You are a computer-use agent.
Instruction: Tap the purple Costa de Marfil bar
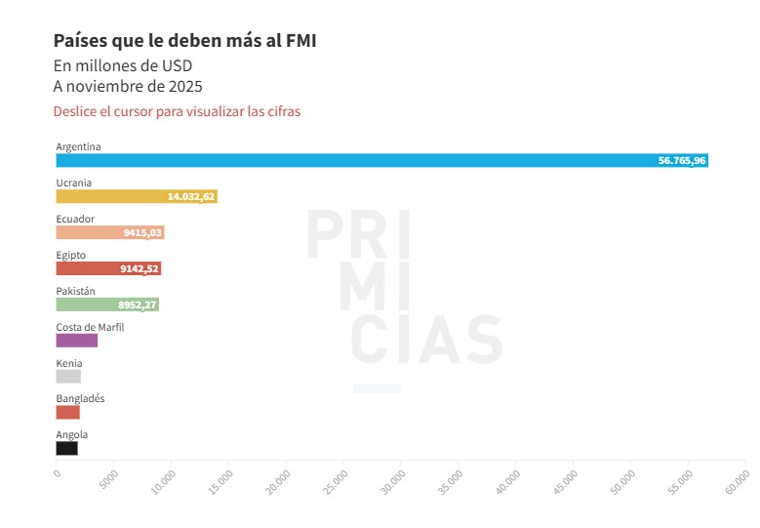(x=76, y=341)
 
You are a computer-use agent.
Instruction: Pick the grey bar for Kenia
(x=68, y=377)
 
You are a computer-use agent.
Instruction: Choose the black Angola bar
(x=66, y=448)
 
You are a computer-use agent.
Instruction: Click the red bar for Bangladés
(x=67, y=412)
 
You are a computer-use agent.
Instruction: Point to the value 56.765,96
(x=682, y=160)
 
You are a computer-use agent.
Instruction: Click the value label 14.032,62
(x=190, y=196)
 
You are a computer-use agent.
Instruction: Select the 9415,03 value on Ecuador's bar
(x=142, y=232)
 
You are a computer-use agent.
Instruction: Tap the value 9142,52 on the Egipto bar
(x=140, y=268)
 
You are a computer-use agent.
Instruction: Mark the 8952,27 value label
(x=138, y=305)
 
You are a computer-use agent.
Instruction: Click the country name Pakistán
(x=75, y=291)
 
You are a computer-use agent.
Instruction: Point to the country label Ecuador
(x=75, y=219)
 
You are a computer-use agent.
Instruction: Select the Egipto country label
(x=70, y=255)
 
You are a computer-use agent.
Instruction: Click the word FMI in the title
(x=298, y=40)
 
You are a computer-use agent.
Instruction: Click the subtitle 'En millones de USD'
(x=123, y=65)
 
